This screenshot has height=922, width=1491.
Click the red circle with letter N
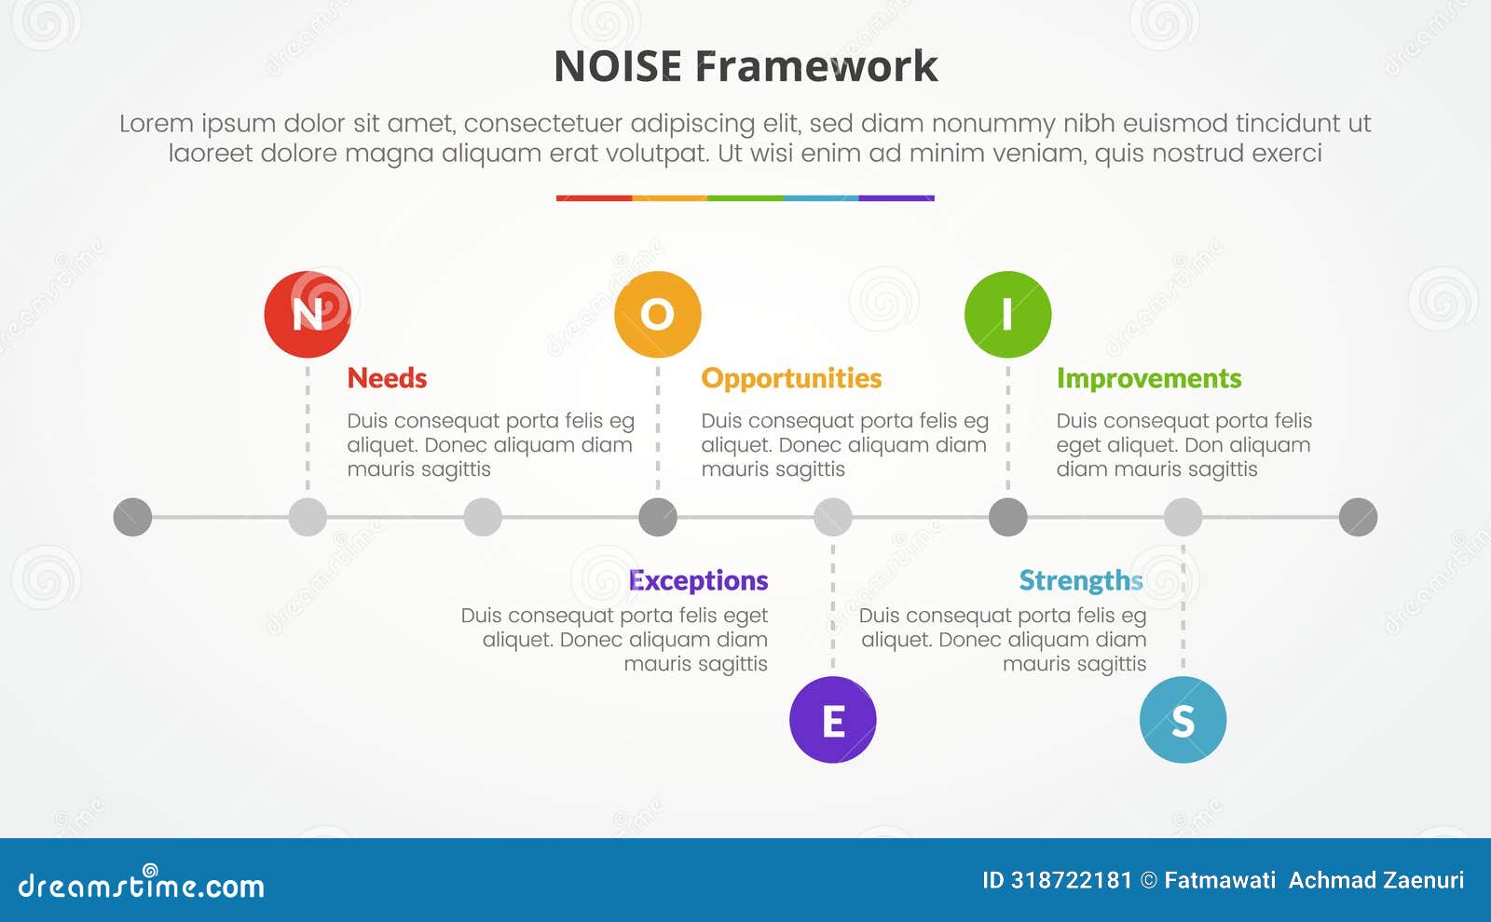click(x=308, y=315)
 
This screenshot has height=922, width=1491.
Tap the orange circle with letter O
click(x=657, y=315)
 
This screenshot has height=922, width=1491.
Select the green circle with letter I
click(x=1007, y=315)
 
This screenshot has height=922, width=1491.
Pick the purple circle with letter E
click(x=832, y=720)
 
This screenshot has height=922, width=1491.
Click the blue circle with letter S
click(x=1183, y=720)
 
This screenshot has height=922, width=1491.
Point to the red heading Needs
click(x=387, y=378)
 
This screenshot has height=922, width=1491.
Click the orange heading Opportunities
click(x=791, y=378)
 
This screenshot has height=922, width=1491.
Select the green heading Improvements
click(x=1148, y=378)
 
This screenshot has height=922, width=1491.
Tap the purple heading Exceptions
click(x=698, y=580)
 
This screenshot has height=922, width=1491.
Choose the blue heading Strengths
click(x=1080, y=580)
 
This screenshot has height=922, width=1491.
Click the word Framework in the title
click(x=816, y=66)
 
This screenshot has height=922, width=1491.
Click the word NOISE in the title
click(x=618, y=66)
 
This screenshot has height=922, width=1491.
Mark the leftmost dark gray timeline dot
click(x=132, y=517)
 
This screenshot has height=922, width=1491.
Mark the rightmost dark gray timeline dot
click(x=1358, y=517)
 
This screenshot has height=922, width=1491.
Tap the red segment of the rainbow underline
click(x=594, y=198)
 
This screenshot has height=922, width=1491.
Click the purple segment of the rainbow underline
click(x=896, y=198)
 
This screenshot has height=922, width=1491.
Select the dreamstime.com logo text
click(x=142, y=886)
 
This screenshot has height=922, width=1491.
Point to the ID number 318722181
click(x=1071, y=880)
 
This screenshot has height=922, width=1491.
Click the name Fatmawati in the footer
click(x=1219, y=880)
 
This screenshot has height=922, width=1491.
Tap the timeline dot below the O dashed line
click(x=657, y=517)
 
